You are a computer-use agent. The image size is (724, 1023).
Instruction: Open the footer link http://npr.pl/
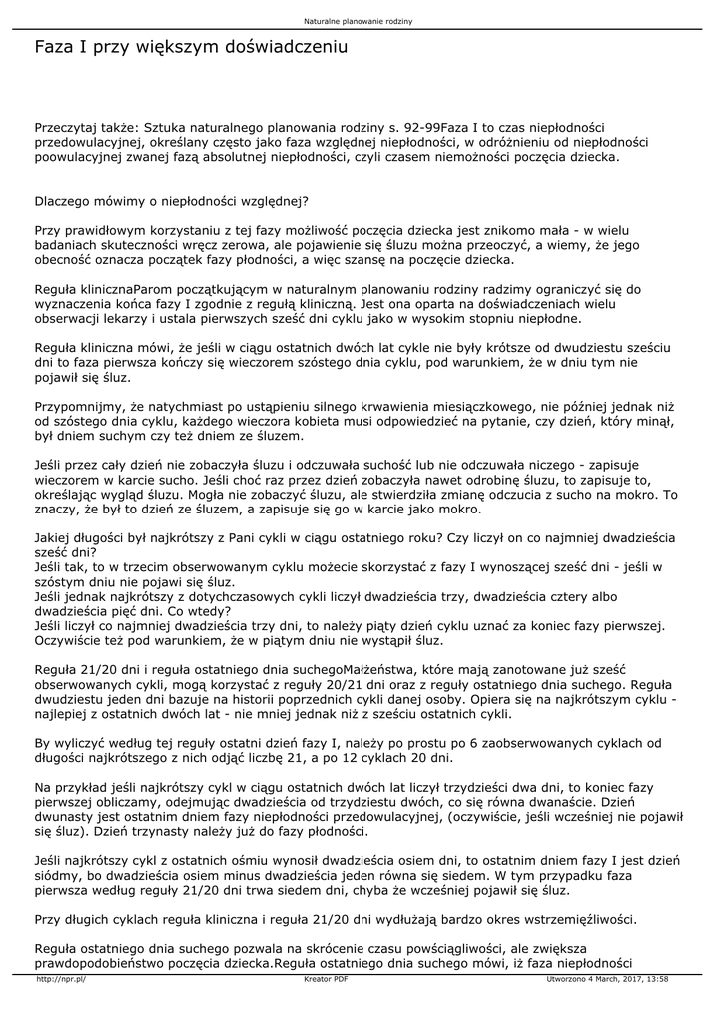point(61,980)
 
